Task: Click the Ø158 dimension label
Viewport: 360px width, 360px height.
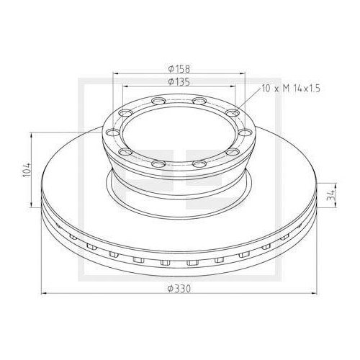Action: tap(178, 68)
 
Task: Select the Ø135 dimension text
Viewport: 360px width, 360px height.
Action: tap(178, 81)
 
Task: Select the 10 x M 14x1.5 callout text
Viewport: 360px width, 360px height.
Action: tap(291, 89)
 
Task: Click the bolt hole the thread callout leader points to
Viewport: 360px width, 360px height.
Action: tap(232, 113)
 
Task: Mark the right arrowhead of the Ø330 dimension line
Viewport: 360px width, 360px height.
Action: tap(313, 293)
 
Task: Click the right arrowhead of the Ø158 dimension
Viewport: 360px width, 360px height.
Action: tap(243, 74)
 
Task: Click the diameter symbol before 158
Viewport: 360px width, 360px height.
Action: tap(167, 68)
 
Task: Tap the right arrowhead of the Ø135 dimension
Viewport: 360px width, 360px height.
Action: tap(233, 87)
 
